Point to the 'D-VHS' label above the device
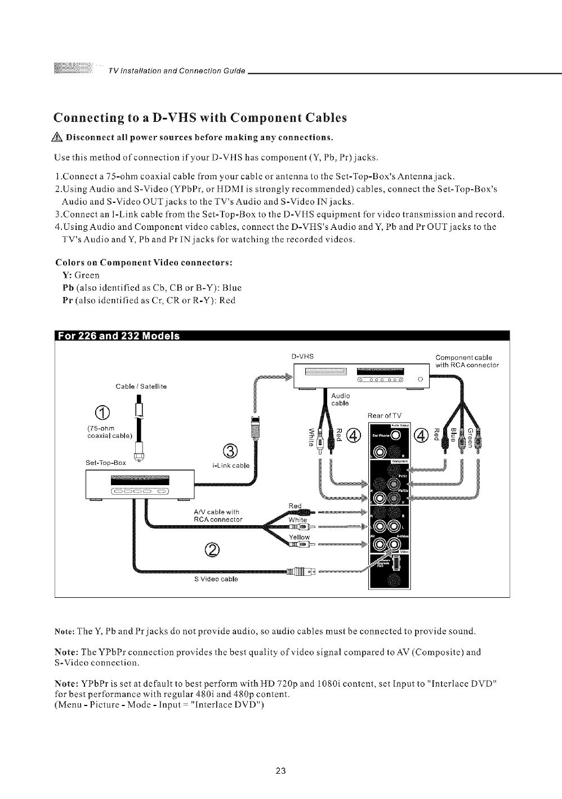click(x=302, y=357)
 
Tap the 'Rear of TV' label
click(x=385, y=416)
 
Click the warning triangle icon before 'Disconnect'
click(x=58, y=137)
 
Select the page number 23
click(x=281, y=771)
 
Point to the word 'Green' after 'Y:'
click(x=87, y=275)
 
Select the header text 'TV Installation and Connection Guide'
click(x=177, y=70)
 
